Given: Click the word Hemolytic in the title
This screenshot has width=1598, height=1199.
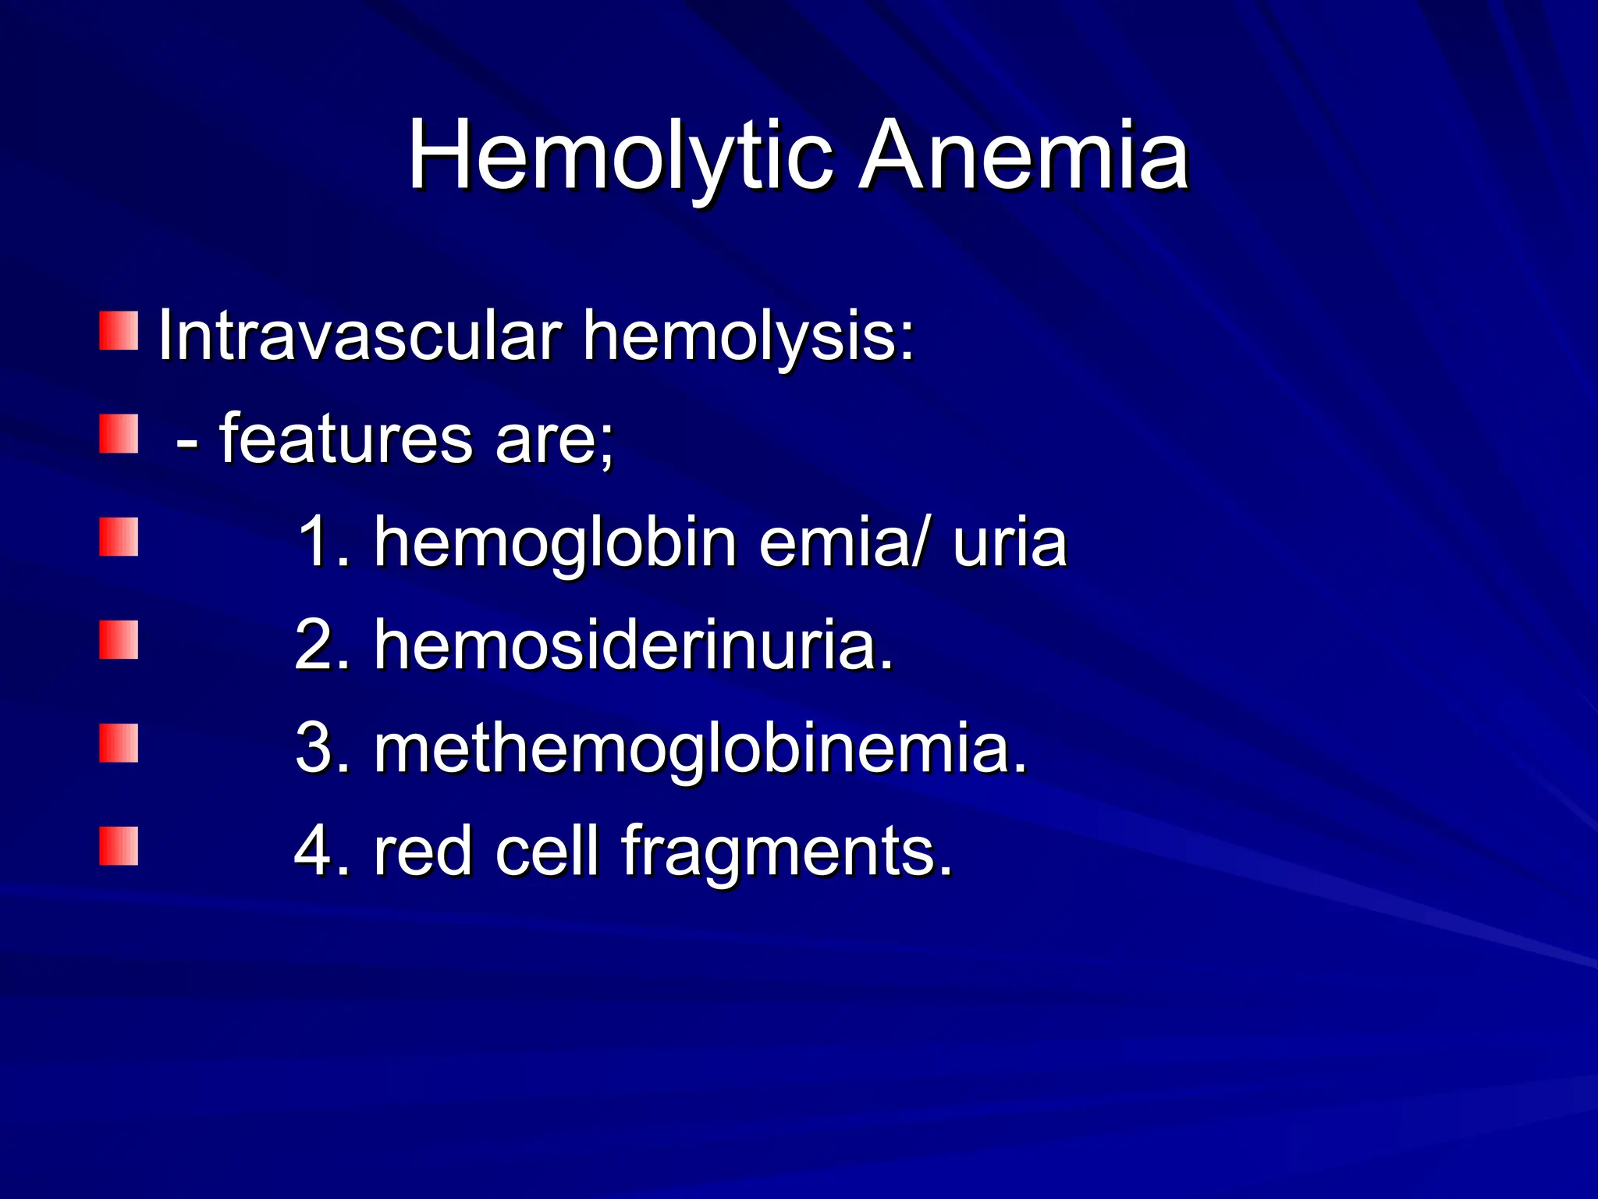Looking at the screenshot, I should click(x=620, y=156).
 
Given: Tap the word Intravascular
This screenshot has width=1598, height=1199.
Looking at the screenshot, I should click(x=360, y=336).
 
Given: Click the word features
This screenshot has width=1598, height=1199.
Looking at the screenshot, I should click(x=346, y=439).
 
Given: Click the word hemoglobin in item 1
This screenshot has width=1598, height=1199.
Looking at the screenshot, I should click(x=556, y=543).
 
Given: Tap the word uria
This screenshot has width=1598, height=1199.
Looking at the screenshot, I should click(x=1009, y=543).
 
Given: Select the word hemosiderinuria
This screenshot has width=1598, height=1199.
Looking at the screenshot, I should click(x=634, y=646).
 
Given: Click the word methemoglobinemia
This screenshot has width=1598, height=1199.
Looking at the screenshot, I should click(x=700, y=749).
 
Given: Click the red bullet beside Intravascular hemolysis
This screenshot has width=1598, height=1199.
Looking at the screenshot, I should click(x=119, y=331).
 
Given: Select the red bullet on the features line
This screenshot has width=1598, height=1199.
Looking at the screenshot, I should click(x=119, y=434).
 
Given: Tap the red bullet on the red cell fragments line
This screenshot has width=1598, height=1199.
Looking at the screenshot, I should click(x=119, y=846).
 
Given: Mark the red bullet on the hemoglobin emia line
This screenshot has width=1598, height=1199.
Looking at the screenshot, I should click(x=119, y=537).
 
